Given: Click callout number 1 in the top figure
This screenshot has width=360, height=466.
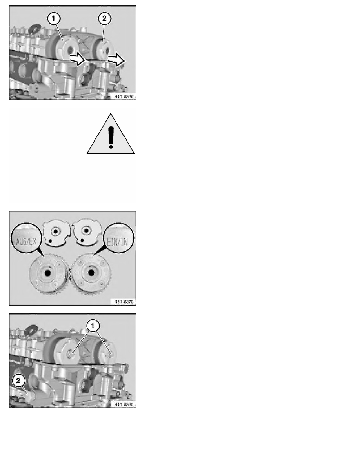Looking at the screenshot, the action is point(53,19).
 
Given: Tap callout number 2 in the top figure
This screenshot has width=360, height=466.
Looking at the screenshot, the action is point(104,19).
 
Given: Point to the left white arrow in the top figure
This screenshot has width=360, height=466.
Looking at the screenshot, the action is point(78,59).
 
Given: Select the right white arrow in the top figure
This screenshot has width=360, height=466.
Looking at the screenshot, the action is point(116,60).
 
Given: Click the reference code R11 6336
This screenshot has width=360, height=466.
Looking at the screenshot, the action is point(124,96).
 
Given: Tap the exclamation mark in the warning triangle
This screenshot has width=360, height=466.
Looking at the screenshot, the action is point(111,137).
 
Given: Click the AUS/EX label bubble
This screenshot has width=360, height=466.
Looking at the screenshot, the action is point(26,238).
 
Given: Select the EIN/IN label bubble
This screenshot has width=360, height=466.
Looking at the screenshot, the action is point(119,238).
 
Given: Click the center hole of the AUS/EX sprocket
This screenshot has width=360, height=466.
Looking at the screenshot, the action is point(47,273).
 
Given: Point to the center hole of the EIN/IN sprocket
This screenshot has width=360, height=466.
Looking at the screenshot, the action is point(91,273).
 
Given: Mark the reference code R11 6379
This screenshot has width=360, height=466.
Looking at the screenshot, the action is point(124,302).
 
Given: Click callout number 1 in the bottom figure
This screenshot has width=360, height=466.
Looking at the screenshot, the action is point(93,326).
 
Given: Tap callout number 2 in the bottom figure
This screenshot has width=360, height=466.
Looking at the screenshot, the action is point(18,380).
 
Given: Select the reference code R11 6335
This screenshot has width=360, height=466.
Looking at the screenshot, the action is point(124,404).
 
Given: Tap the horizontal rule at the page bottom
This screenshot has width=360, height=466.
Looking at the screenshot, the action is point(182,446).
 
